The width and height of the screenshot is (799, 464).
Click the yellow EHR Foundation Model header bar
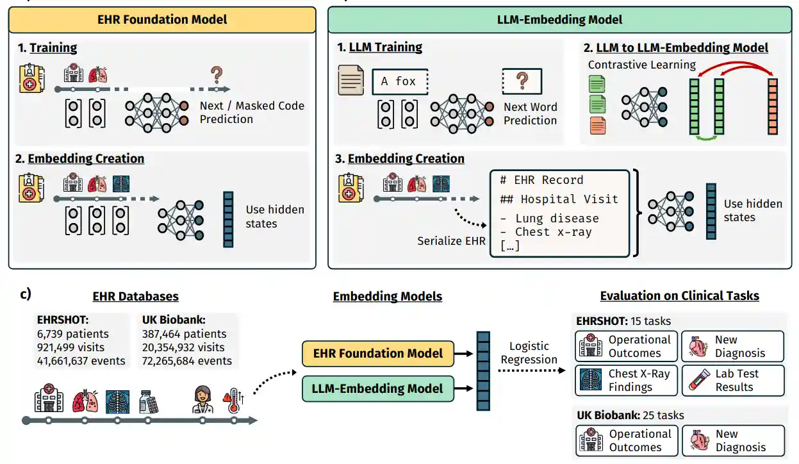(162, 20)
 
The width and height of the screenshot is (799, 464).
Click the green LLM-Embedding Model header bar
(559, 20)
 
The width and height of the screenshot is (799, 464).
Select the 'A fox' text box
(400, 81)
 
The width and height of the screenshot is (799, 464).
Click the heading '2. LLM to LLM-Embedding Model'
(676, 47)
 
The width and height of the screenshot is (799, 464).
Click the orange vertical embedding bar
(772, 106)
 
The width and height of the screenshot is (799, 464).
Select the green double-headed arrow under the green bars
(706, 137)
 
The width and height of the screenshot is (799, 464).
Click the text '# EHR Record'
(541, 180)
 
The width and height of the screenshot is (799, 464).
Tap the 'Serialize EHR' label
(452, 241)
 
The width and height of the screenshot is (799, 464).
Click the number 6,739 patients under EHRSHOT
(73, 334)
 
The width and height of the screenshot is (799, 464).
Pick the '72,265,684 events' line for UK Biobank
(187, 361)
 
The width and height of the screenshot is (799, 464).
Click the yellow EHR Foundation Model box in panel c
(379, 353)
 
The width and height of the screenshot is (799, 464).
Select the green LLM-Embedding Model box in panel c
(379, 388)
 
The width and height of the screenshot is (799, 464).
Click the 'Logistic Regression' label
(529, 352)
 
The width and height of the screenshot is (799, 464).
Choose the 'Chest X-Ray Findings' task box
(626, 380)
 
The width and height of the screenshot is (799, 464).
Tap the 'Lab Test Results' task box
(732, 380)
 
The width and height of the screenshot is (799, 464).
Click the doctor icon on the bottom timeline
(203, 400)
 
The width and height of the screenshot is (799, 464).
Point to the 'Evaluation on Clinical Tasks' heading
(679, 296)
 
